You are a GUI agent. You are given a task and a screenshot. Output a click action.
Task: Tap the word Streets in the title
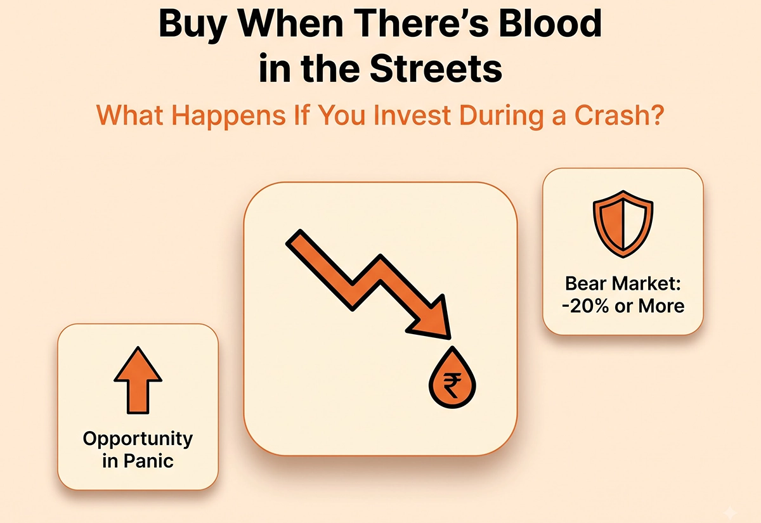[436, 68]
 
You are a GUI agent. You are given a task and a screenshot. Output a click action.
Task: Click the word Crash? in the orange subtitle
[619, 115]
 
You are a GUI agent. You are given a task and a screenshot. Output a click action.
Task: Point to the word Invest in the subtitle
[412, 115]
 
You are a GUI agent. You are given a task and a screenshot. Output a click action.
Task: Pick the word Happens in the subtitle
[229, 116]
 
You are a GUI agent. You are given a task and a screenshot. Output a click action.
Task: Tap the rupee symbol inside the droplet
[452, 385]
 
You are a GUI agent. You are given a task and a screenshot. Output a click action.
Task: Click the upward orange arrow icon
[138, 380]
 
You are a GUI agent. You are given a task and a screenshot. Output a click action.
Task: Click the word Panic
[148, 462]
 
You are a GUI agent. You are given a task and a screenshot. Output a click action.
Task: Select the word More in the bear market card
[661, 306]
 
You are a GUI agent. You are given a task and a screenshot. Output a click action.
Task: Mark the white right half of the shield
[635, 223]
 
